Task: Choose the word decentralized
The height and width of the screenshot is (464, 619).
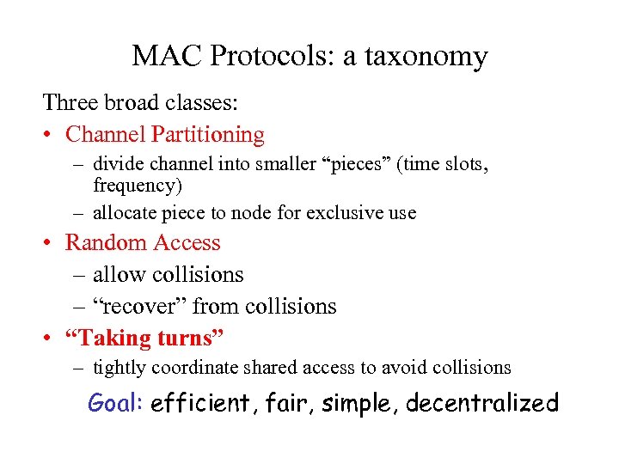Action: (x=481, y=402)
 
